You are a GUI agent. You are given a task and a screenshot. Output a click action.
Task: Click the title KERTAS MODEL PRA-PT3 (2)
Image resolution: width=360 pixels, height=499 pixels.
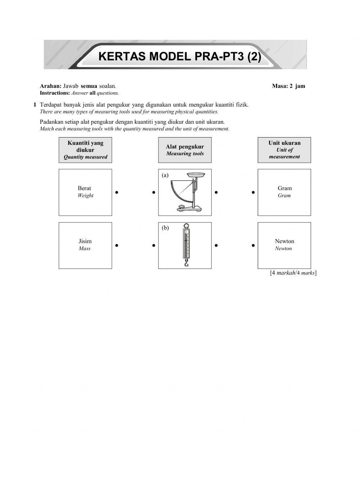coord(179,57)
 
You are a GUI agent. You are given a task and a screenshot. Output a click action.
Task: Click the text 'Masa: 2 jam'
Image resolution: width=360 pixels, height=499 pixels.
coord(288,86)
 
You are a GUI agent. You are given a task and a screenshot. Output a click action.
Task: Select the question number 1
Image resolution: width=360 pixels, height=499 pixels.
coord(35,105)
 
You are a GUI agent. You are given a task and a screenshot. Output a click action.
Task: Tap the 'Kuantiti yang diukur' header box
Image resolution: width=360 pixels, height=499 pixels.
coord(85,150)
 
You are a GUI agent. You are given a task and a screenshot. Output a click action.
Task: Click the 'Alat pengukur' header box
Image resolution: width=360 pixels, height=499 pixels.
coord(185,150)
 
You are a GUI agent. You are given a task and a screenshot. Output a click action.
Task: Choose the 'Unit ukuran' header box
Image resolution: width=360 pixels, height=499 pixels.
coord(284,150)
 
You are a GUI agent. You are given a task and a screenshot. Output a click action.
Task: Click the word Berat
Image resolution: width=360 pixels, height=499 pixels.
coord(85,188)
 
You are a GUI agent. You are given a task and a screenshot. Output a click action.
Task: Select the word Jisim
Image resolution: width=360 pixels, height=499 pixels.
coord(85,241)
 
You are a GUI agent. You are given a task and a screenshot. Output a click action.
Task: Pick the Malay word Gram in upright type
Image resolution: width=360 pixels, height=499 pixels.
coord(284,188)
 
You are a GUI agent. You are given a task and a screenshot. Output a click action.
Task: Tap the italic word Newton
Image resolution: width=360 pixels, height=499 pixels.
coord(283,248)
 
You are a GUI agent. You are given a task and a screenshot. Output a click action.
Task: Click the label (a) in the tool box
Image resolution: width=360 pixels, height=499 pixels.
coord(165,175)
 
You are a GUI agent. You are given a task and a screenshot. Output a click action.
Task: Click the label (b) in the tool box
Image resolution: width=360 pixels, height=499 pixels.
coord(165,228)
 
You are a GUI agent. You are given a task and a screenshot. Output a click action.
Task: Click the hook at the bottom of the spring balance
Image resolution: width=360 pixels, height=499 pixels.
coord(186,264)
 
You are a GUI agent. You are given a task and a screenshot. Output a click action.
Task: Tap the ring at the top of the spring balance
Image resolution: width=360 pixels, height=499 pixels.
coord(186,226)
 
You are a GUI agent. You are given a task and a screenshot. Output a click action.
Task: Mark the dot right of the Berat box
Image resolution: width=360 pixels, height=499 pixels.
coord(117,192)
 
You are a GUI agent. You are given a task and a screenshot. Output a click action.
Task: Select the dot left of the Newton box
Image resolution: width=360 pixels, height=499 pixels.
coord(253,246)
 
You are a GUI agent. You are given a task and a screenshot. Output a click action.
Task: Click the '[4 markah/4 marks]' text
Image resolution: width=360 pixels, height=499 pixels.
coord(293,273)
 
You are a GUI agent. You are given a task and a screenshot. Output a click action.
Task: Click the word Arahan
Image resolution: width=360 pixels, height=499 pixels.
coord(50,86)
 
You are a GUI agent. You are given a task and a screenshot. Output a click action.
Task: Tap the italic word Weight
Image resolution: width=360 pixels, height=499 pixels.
coord(85,195)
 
